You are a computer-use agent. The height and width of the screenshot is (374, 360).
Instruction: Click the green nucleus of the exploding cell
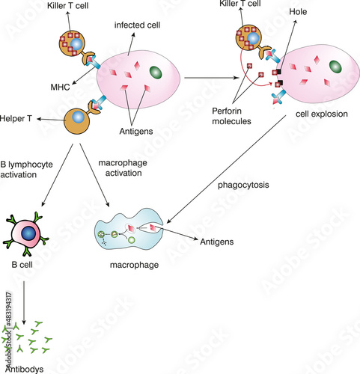pyautogui.click(x=334, y=67)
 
